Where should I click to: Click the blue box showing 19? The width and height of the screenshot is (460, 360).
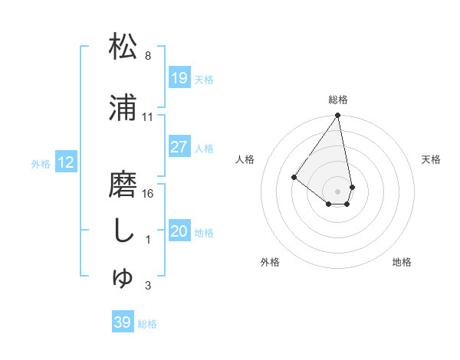(179, 77)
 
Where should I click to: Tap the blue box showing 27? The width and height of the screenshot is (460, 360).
(179, 147)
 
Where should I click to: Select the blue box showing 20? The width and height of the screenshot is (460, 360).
(179, 231)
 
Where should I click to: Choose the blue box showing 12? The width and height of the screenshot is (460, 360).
(66, 162)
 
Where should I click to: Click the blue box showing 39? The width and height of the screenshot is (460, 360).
(122, 322)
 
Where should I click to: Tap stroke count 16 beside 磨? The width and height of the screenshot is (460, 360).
(148, 194)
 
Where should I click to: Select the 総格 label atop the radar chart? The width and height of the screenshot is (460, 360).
(338, 100)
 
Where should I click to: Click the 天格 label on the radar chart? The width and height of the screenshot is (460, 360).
(431, 159)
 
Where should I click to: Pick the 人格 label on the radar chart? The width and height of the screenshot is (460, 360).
(245, 159)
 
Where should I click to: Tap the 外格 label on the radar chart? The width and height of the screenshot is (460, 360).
(270, 262)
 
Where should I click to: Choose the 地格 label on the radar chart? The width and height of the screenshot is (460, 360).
(402, 262)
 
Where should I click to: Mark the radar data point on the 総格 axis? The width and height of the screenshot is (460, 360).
(337, 116)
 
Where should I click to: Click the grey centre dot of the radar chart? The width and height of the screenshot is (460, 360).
(337, 191)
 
